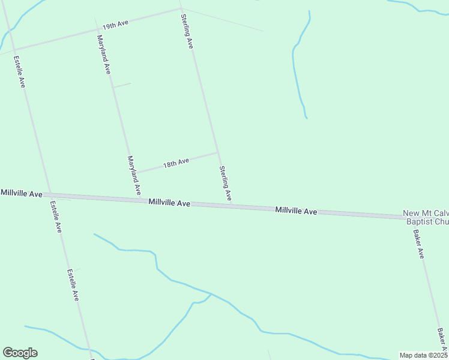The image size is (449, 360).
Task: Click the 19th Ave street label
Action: coord(115,25)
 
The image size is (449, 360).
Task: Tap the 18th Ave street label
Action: coord(176,162)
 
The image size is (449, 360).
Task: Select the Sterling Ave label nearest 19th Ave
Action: coord(187,32)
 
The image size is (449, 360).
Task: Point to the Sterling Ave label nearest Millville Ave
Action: coord(225,183)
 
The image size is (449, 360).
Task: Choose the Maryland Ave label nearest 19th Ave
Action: coord(103,53)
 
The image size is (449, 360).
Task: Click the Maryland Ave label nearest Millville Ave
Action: coord(134,175)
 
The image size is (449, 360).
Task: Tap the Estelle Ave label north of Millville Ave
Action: coord(19,72)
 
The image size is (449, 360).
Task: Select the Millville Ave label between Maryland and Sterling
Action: coord(170,203)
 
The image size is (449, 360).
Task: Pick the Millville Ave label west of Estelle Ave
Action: coord(22,193)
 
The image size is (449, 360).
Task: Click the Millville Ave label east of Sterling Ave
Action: coord(296,211)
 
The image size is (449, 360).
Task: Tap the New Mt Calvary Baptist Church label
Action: coord(426,217)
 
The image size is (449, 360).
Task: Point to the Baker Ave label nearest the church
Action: coord(418,244)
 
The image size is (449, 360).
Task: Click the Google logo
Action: coord(20,353)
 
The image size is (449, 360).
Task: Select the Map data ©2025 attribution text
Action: coord(423,355)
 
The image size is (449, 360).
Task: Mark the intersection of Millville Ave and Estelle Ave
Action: coord(50,194)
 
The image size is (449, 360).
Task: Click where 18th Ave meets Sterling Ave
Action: coord(217,152)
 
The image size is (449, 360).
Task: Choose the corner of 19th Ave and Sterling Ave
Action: coord(180,9)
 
